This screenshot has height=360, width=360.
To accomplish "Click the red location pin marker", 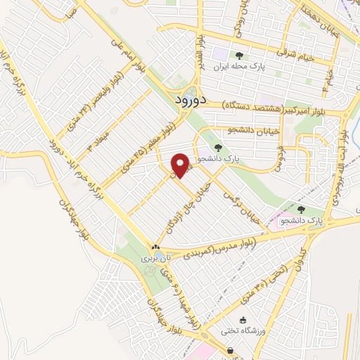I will click(x=180, y=166).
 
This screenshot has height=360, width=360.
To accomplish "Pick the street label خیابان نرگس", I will click(x=241, y=207).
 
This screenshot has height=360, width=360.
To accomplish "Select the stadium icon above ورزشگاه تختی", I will click(x=243, y=320).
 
